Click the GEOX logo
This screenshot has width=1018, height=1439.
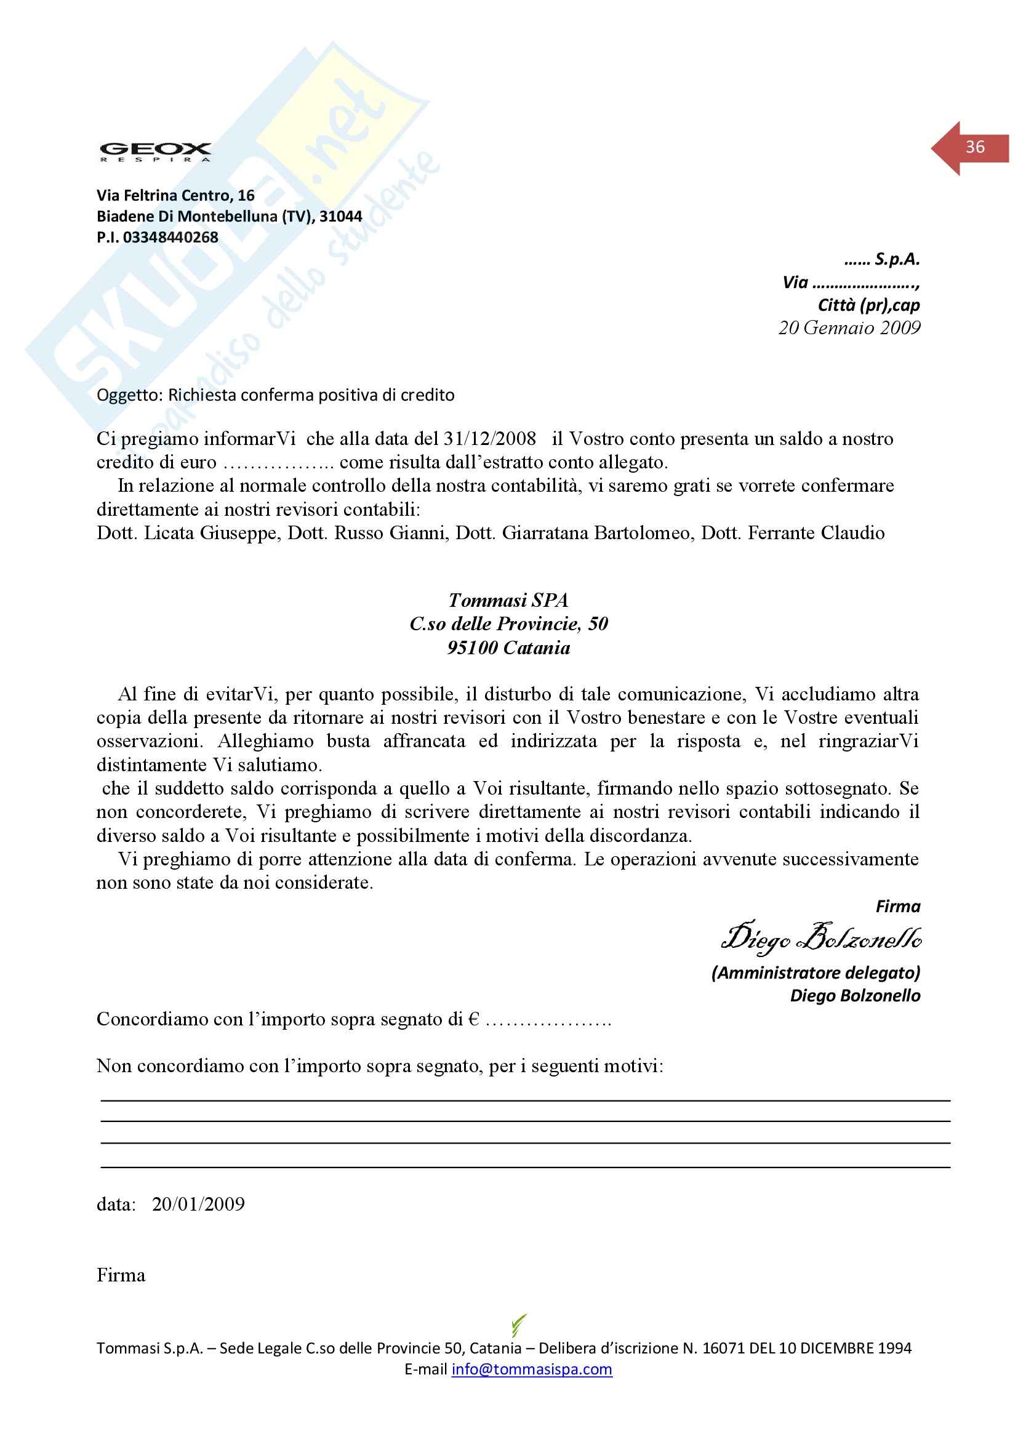(x=155, y=151)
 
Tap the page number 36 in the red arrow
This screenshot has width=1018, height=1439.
(x=975, y=147)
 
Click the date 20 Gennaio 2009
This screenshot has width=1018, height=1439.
(x=849, y=328)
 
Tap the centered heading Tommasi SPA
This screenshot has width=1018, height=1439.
(x=508, y=601)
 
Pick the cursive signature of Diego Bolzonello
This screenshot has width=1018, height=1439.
(x=821, y=938)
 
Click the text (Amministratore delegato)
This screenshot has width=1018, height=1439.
(x=816, y=972)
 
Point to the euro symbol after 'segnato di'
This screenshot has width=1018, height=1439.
(x=474, y=1019)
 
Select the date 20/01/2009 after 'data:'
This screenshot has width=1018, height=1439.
(x=198, y=1204)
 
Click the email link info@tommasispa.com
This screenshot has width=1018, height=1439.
(x=532, y=1369)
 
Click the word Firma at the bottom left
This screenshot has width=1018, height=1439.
(x=121, y=1275)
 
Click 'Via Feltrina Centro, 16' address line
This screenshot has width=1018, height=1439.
(x=175, y=196)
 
